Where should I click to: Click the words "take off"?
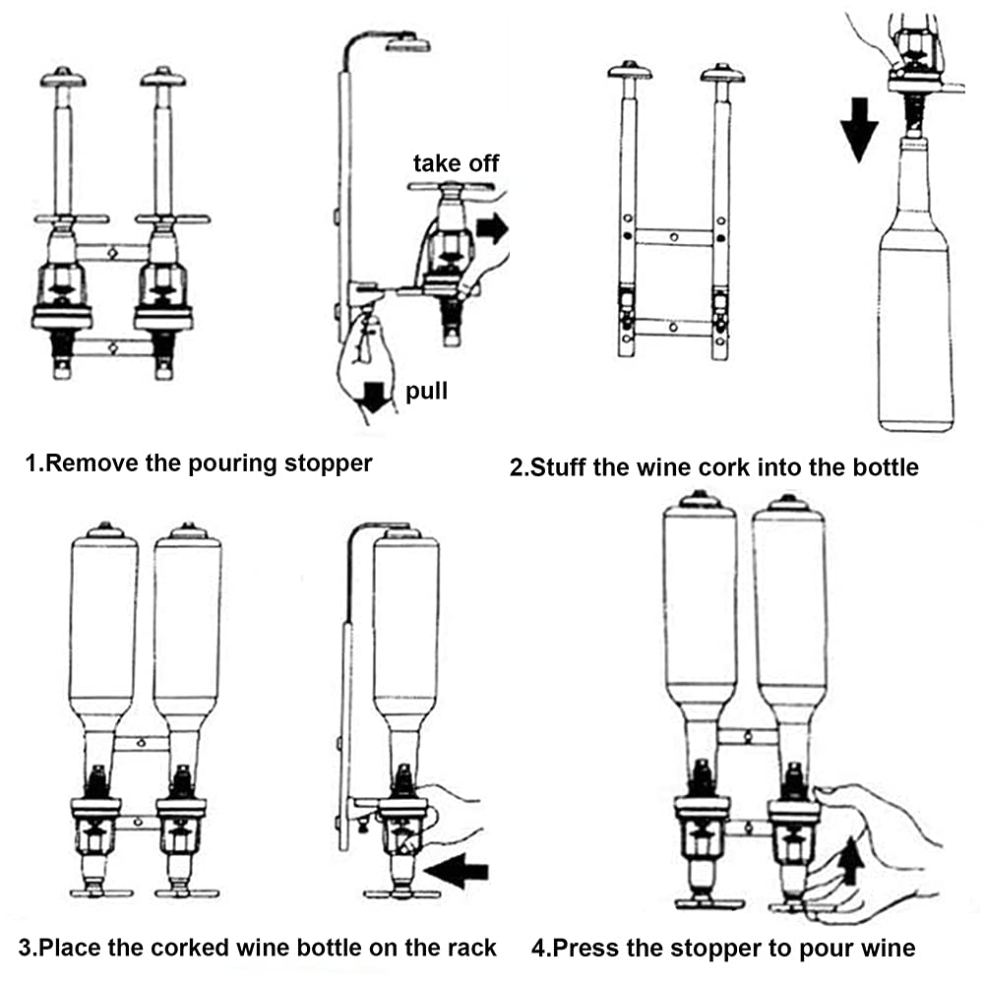pos(456,162)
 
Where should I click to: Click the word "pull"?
pos(426,392)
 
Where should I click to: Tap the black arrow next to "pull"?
pos(374,397)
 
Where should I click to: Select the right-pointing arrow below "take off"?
pos(491,230)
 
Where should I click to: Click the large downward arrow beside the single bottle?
pos(859,128)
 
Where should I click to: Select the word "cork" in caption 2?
pos(718,466)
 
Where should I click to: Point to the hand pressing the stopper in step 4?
pos(876,836)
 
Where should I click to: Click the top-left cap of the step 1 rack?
pos(63,77)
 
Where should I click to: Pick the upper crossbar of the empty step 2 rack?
pos(673,237)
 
